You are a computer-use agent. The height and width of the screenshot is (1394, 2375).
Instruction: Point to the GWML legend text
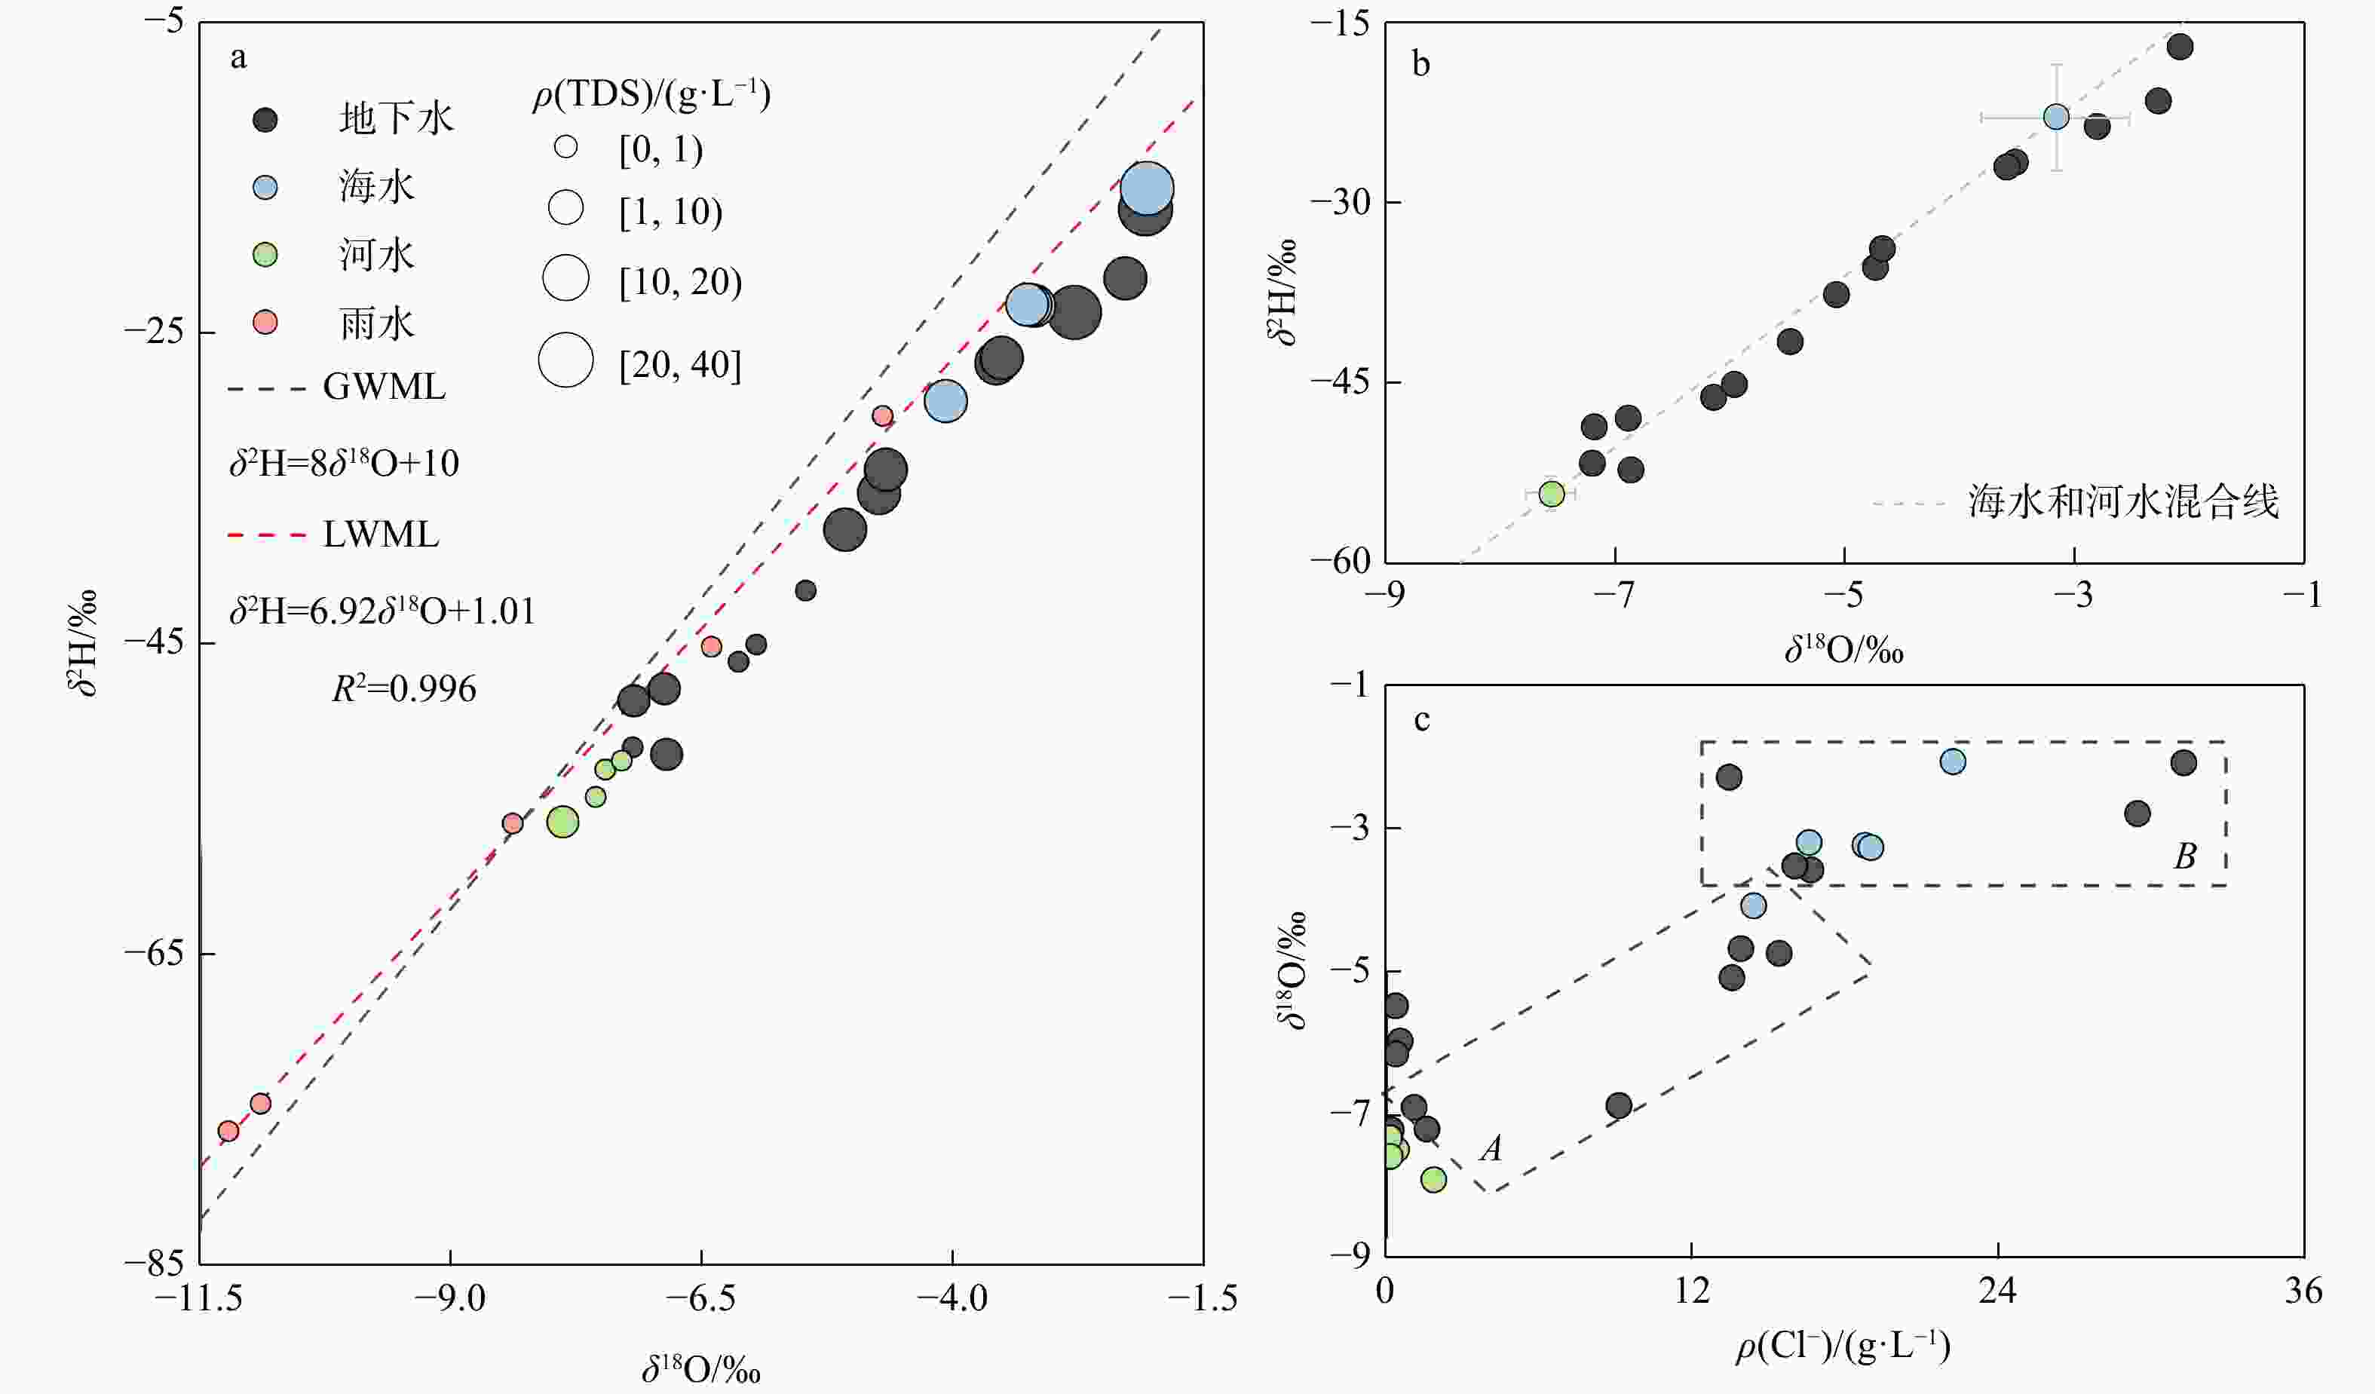click(x=384, y=388)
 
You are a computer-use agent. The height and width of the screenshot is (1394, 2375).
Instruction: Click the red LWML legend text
click(x=381, y=535)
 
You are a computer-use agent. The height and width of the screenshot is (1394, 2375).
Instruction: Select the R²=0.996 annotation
click(x=403, y=689)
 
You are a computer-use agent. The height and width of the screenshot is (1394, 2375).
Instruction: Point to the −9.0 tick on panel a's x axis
click(x=451, y=1299)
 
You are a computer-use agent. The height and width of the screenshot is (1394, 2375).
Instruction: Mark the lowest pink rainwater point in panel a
click(x=228, y=1131)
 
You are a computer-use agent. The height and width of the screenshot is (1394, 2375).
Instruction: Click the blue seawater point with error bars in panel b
click(x=2057, y=117)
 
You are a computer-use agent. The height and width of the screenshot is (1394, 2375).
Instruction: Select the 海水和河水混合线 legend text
click(x=2122, y=501)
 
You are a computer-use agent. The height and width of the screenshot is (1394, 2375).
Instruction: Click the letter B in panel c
click(x=2185, y=856)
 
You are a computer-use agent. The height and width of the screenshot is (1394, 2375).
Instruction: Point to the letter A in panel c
click(x=1490, y=1148)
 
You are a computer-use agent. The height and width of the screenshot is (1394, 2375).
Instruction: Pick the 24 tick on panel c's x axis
click(x=1998, y=1290)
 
